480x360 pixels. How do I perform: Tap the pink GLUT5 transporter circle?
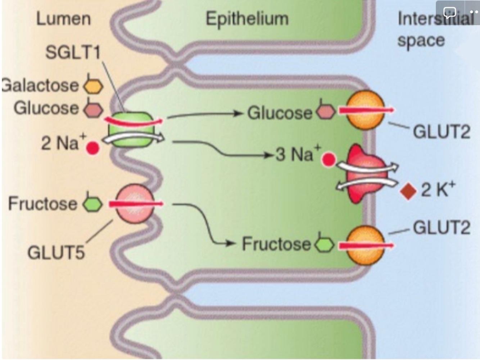tap(135, 204)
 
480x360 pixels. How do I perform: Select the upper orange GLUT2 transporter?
tap(365, 110)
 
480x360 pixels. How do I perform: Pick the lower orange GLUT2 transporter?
tap(365, 245)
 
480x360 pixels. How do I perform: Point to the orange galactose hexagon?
tap(93, 86)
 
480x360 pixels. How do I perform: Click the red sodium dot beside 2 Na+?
tap(92, 148)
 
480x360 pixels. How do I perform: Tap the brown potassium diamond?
tap(408, 191)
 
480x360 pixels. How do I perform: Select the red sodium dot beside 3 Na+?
tap(328, 159)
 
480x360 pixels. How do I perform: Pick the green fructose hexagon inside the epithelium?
tap(325, 245)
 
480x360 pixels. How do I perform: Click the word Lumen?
tap(63, 19)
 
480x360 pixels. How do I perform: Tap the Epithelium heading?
tap(247, 19)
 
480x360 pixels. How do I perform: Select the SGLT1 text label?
tap(73, 53)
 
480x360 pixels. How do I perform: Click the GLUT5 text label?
tap(56, 252)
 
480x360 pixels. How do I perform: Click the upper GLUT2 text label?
tap(441, 131)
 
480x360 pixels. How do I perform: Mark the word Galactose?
tap(40, 86)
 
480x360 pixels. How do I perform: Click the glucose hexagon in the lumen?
tap(93, 109)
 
